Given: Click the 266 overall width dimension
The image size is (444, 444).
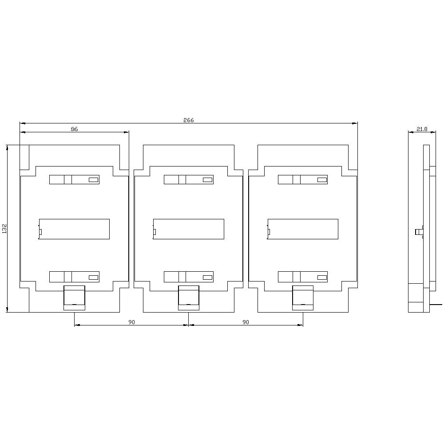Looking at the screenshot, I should click(x=189, y=120).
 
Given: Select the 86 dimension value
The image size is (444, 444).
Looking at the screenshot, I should click(x=74, y=129).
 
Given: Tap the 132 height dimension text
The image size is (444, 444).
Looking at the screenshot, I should click(x=4, y=229).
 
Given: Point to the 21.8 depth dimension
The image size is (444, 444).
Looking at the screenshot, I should click(x=421, y=129).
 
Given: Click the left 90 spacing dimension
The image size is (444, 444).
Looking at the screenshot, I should click(x=131, y=322).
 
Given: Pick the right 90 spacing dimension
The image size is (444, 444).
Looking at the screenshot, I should click(x=246, y=322).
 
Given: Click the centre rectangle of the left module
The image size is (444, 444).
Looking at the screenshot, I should click(x=74, y=229).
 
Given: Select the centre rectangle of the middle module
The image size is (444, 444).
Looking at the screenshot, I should click(x=189, y=229).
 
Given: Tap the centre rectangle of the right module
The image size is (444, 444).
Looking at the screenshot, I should click(x=303, y=229).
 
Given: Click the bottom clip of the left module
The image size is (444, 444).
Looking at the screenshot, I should click(x=74, y=297).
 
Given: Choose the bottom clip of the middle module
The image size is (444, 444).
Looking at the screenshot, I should click(x=189, y=297).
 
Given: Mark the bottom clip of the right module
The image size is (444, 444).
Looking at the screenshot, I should click(x=303, y=297).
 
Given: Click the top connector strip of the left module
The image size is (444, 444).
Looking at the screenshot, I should click(x=74, y=179).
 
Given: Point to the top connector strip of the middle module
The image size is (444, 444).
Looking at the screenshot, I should click(x=189, y=179).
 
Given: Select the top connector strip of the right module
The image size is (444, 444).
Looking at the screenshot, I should click(x=303, y=179).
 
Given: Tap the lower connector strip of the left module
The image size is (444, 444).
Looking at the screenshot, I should click(x=74, y=277).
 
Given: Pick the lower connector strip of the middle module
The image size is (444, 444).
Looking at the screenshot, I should click(x=189, y=277).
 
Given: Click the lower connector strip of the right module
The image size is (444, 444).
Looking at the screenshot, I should click(x=303, y=277).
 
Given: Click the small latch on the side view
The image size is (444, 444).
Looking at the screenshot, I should click(x=418, y=232).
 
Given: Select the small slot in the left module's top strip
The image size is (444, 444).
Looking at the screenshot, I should click(x=93, y=180).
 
